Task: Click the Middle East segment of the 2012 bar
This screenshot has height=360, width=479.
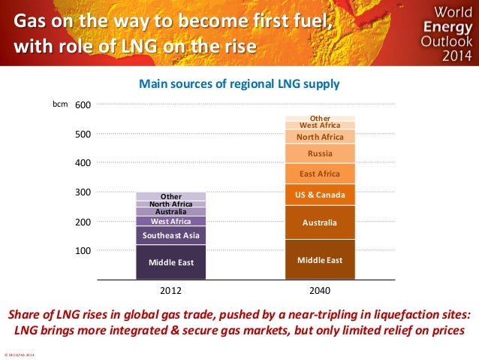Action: tap(170, 262)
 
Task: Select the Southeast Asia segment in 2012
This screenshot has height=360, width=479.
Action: tap(170, 235)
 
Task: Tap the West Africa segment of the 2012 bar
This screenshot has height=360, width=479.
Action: tap(170, 221)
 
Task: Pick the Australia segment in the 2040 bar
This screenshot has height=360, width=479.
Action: tap(320, 222)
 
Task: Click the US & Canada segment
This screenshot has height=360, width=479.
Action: tap(320, 195)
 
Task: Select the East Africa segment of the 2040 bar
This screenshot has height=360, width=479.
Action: tap(320, 174)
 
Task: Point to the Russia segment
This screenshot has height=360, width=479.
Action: tap(320, 154)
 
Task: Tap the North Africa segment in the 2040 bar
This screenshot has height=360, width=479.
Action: tap(320, 137)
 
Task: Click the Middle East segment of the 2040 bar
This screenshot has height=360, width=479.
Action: tap(320, 260)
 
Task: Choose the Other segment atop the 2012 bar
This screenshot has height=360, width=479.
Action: tap(170, 196)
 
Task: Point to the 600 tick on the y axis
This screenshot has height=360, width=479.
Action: tap(83, 105)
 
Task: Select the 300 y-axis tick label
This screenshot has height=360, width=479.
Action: tap(83, 192)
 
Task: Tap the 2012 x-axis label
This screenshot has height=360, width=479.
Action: tap(170, 289)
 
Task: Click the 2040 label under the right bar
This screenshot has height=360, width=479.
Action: tap(320, 289)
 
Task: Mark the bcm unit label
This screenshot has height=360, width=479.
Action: tap(60, 104)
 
